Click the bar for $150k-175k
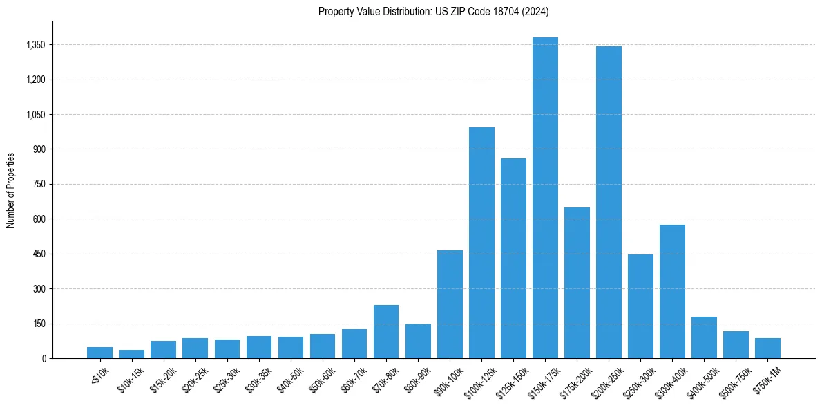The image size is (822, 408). pos(545,198)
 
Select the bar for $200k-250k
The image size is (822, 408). pos(609,202)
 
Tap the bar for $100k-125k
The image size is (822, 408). pos(481,243)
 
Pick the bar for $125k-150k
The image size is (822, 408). pos(513,258)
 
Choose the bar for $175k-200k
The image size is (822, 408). pos(577,283)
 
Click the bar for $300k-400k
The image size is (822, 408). pos(672,291)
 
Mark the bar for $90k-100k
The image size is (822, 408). pos(450,304)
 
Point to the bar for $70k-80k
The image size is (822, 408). pos(386,331)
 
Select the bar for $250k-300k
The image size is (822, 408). pos(640,306)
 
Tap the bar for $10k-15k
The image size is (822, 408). pos(131,354)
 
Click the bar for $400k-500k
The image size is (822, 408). pos(704,337)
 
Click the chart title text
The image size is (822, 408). pos(433,12)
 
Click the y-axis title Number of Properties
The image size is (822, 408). pos(11,189)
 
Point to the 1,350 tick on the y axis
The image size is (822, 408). pos(35,45)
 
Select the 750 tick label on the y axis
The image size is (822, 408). pos(39,185)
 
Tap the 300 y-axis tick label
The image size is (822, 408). pos(39,289)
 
